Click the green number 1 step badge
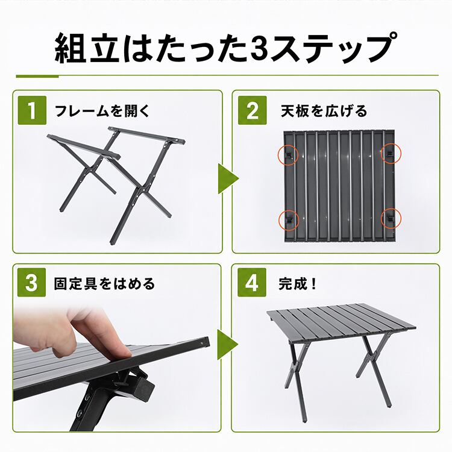pos(32,110)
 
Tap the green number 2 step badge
pos(253,110)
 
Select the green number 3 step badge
pos(31,282)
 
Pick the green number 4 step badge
pos(252,282)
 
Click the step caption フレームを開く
pos(102,111)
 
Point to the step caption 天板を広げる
pos(324,111)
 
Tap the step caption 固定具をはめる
pos(104,284)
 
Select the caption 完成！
pos(297,284)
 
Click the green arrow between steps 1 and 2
pos(227,179)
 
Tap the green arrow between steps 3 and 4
pos(226,345)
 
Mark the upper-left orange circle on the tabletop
pos(288,155)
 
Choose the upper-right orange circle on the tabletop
pos(391,153)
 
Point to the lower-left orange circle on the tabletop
pos(289,220)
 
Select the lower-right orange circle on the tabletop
pos(391,218)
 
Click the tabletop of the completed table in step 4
pos(341,322)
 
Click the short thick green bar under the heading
pos(37,76)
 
